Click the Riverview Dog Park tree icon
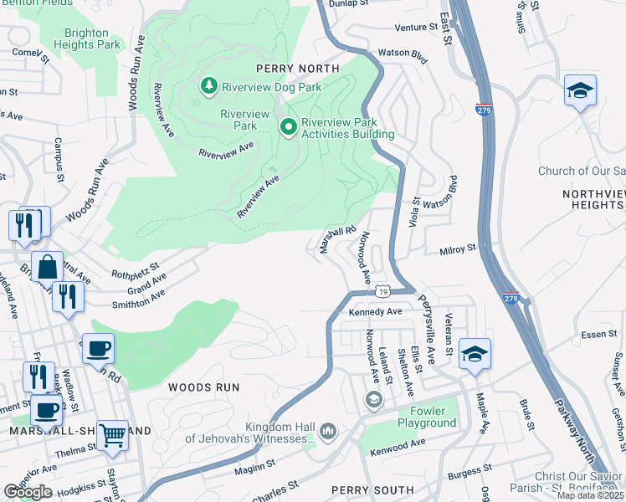(208, 85)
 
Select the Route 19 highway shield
(382, 290)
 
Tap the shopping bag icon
(48, 267)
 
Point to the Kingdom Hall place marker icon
(327, 431)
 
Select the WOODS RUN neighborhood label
(204, 387)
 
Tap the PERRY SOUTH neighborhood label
(372, 489)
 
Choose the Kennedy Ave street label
(376, 311)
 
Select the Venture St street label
(416, 28)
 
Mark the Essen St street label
(598, 334)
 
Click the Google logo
(28, 492)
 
